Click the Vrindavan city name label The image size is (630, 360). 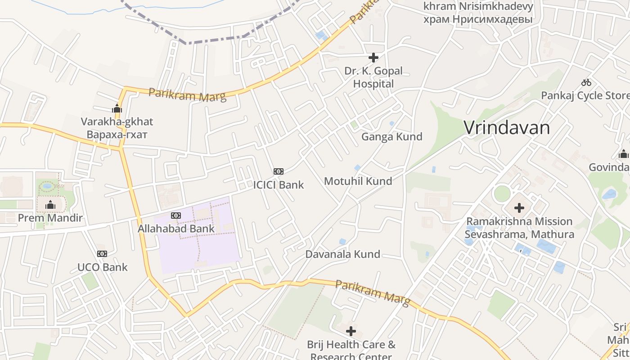pyautogui.click(x=507, y=128)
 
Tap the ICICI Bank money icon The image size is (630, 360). pyautogui.click(x=279, y=171)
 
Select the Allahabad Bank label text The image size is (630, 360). pyautogui.click(x=176, y=229)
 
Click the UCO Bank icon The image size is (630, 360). pyautogui.click(x=102, y=254)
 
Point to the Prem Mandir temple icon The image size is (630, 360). pyautogui.click(x=50, y=206)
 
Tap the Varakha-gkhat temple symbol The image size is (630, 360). pyautogui.click(x=117, y=108)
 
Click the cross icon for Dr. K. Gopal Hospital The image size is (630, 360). pyautogui.click(x=373, y=58)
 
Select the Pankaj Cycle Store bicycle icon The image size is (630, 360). pyautogui.click(x=586, y=82)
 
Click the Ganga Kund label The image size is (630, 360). pyautogui.click(x=392, y=137)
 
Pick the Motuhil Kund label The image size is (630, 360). pyautogui.click(x=358, y=181)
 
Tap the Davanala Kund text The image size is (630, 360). pyautogui.click(x=343, y=254)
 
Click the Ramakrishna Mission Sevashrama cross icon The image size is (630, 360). pyautogui.click(x=519, y=208)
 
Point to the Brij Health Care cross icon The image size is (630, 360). pyautogui.click(x=351, y=332)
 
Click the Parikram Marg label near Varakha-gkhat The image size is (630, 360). pyautogui.click(x=187, y=94)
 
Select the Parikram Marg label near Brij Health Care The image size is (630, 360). pyautogui.click(x=373, y=292)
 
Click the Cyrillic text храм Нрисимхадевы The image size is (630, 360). pyautogui.click(x=478, y=20)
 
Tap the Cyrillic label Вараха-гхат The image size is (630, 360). pyautogui.click(x=117, y=135)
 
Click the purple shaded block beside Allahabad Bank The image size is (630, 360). pyautogui.click(x=211, y=252)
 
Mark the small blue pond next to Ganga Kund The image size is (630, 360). pyautogui.click(x=391, y=123)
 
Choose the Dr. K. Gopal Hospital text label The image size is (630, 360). pyautogui.click(x=373, y=77)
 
